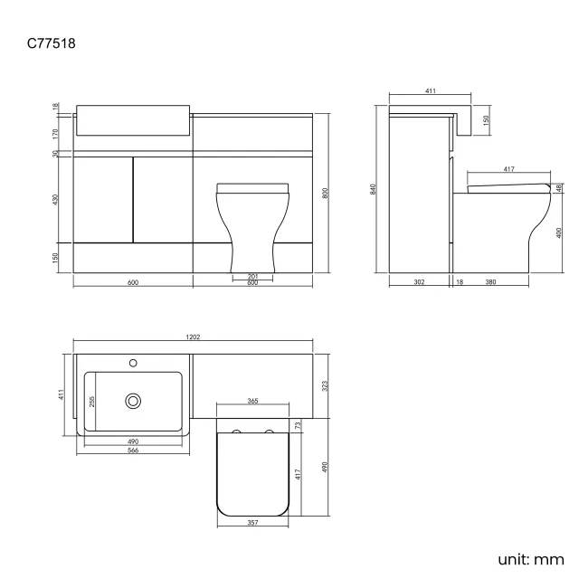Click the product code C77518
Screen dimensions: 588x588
click(58, 42)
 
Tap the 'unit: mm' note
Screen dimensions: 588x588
click(530, 558)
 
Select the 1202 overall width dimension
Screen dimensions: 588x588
click(193, 337)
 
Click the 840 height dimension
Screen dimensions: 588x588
click(372, 188)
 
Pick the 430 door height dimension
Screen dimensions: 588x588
click(55, 198)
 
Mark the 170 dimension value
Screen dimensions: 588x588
click(55, 133)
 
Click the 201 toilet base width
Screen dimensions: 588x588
click(253, 276)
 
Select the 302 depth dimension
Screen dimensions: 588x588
click(419, 282)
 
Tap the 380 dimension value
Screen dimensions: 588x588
click(490, 282)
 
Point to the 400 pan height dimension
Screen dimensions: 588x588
click(560, 232)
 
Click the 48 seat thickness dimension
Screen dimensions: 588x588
click(560, 187)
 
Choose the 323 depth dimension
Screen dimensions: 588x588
click(326, 385)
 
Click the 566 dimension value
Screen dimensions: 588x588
click(132, 450)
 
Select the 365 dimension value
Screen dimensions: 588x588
click(253, 400)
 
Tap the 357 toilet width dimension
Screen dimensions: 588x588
click(253, 523)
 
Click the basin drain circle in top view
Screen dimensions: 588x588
click(135, 399)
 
